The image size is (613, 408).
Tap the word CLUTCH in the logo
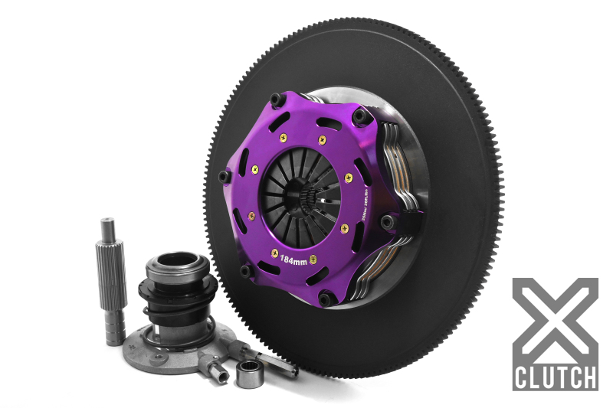pos(556,377)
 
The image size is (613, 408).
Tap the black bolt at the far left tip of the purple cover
pos(223,176)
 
